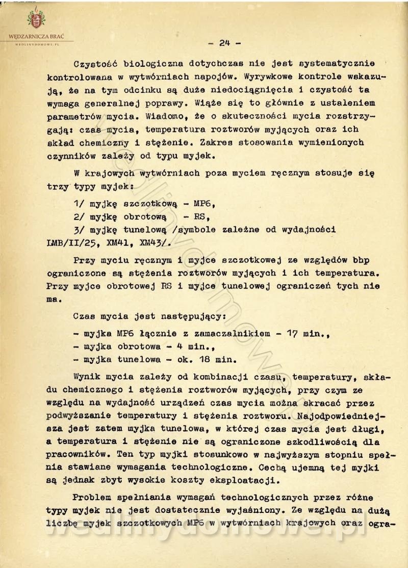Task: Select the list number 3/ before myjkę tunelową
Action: [x=79, y=229]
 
